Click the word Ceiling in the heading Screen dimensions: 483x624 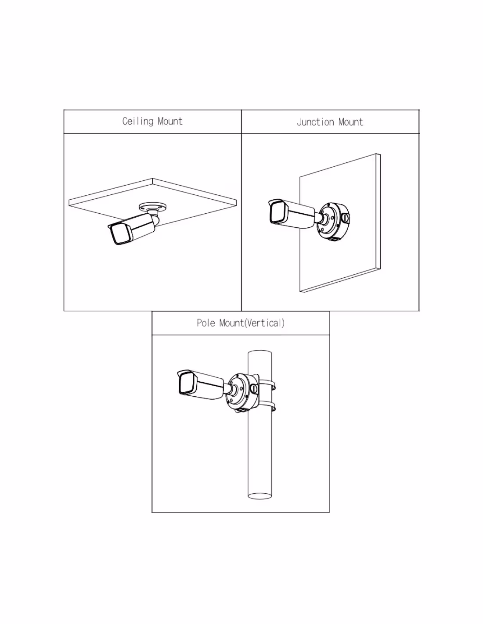point(137,122)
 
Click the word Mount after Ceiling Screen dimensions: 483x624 point(170,121)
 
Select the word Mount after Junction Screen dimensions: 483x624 point(350,122)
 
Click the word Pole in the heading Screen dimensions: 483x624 point(206,323)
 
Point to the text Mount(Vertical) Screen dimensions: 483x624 point(252,323)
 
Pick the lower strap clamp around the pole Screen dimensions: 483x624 point(267,406)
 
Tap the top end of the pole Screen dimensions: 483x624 point(260,351)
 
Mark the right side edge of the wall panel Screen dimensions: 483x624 point(378,212)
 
